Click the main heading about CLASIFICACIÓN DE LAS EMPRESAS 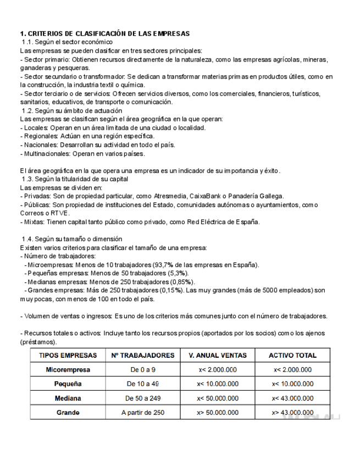coord(104,34)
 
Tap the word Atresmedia coord(168,196)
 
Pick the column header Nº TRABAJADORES coord(142,356)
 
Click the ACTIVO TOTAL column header coord(292,356)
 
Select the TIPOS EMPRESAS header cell coord(68,356)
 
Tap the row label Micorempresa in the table coord(68,370)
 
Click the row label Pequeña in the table coord(68,384)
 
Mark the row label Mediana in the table coord(68,398)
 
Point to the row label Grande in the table coord(68,413)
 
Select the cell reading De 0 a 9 coord(142,370)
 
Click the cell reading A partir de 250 coord(142,413)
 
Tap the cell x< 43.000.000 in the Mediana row coord(292,398)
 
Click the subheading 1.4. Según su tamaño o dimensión coord(71,239)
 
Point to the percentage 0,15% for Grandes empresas coord(171,290)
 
